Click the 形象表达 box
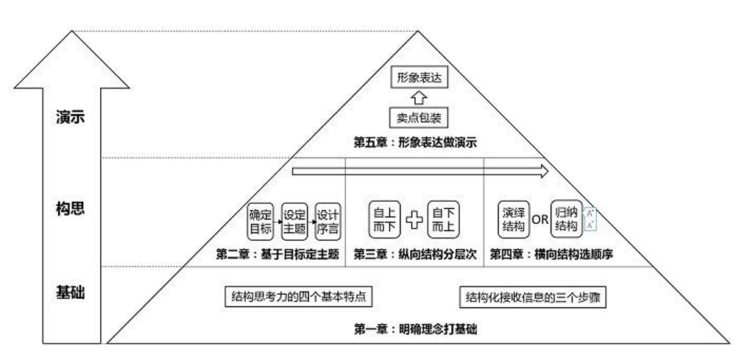click(418, 77)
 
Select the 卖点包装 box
click(418, 117)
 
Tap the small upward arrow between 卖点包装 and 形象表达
click(418, 97)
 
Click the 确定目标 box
click(261, 221)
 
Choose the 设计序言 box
click(327, 221)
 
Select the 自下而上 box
click(443, 219)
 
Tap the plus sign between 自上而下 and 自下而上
click(414, 219)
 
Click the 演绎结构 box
click(513, 219)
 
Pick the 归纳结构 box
click(565, 219)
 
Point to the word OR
click(540, 219)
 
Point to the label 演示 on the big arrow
click(71, 117)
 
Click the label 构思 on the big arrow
click(71, 208)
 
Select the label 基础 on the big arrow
click(71, 292)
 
